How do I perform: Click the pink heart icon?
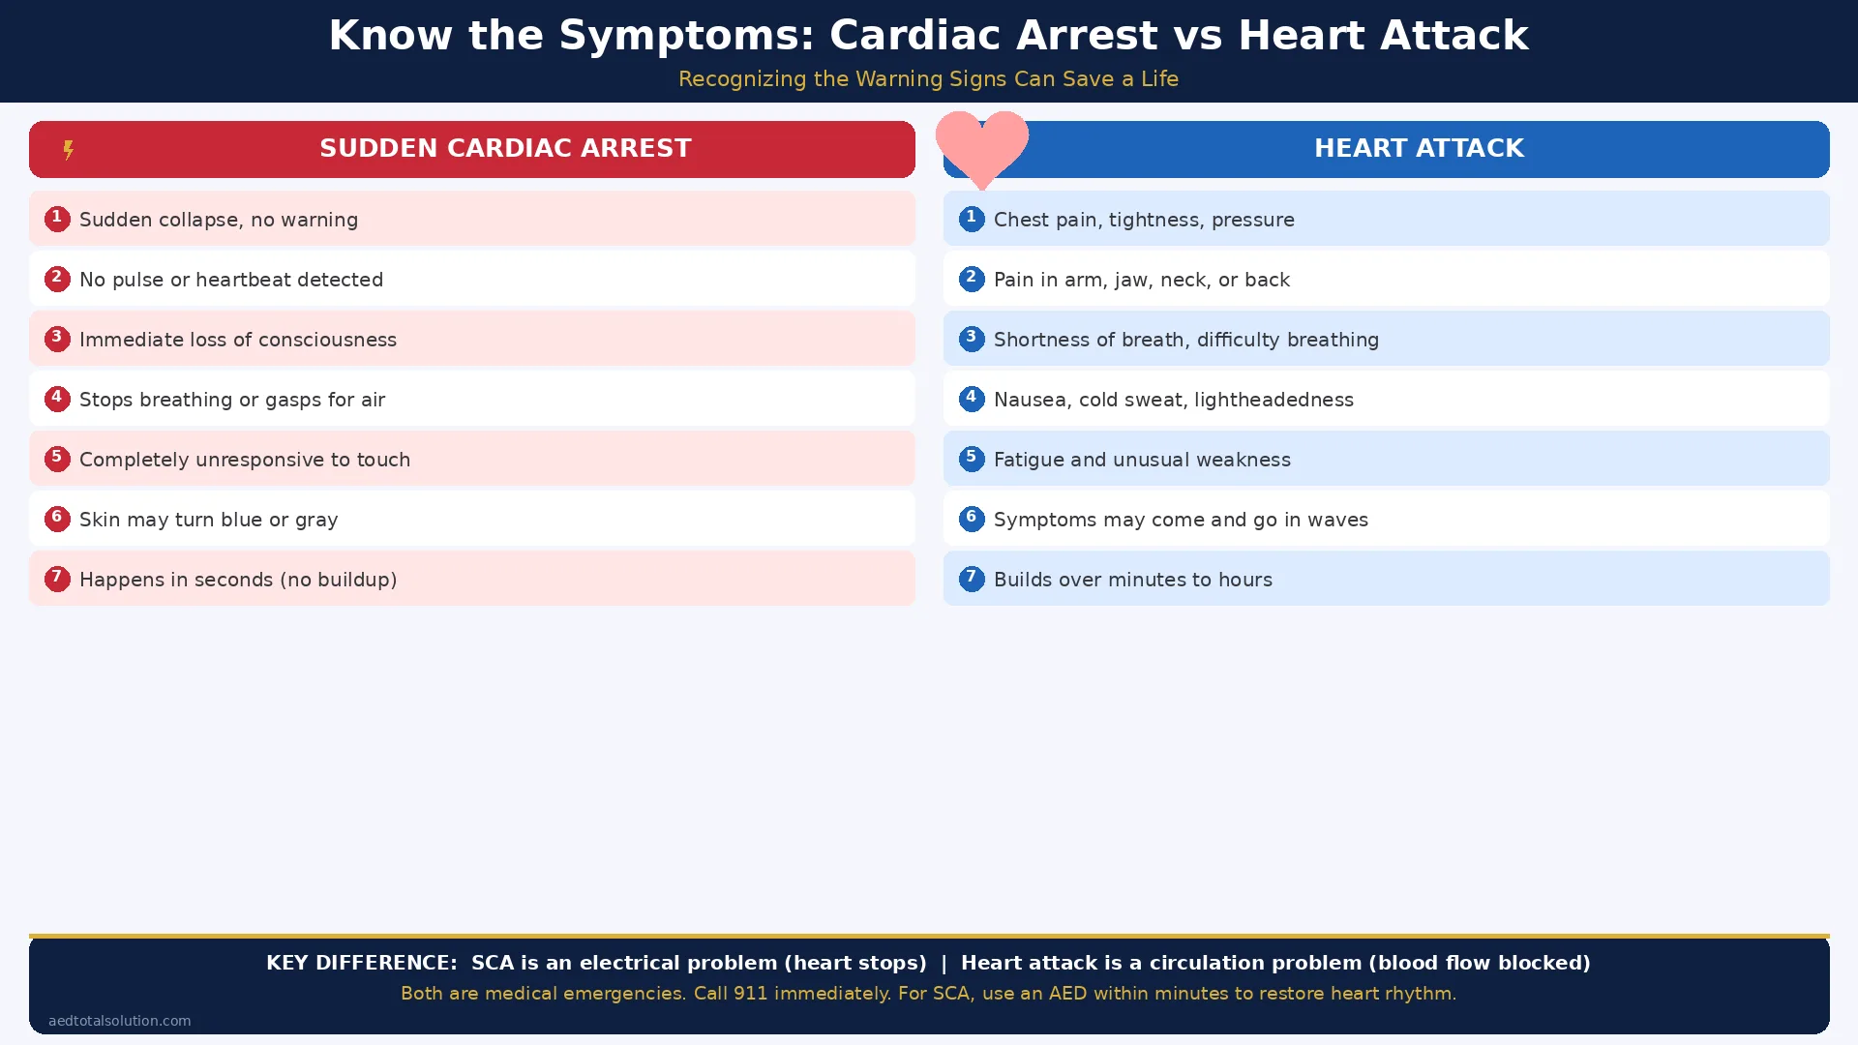coord(981,146)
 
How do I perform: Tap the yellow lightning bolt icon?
coord(68,150)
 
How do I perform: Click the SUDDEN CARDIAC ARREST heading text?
coord(505,148)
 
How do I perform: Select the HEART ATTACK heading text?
coord(1419,148)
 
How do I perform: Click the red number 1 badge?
coord(57,219)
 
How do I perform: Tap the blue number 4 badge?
coord(972,399)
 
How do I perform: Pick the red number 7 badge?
coord(57,579)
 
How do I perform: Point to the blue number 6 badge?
coord(972,519)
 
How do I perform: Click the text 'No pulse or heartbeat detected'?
coord(231,280)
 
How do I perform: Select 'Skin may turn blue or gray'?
coord(208,520)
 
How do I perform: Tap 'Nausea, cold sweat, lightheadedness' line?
coord(1173,400)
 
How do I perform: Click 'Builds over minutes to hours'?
coord(1132,580)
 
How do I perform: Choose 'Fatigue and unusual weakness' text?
coord(1142,460)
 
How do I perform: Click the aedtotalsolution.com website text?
coord(120,1021)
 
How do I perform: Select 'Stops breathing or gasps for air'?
coord(232,400)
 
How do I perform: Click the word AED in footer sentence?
coord(1067,994)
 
